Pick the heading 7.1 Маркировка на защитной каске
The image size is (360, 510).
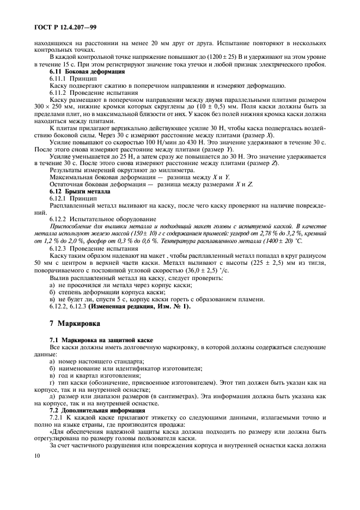point(101,340)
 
